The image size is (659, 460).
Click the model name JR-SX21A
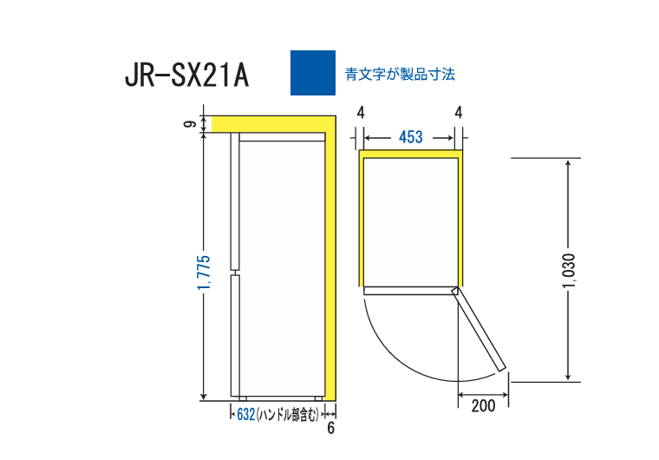[186, 76]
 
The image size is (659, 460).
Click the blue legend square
[312, 73]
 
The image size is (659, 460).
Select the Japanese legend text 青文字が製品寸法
[400, 75]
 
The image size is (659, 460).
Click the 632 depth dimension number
[245, 415]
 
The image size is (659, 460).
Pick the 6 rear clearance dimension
[330, 428]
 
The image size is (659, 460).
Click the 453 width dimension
[410, 137]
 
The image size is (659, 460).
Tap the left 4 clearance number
[360, 112]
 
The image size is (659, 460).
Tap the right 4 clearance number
[458, 112]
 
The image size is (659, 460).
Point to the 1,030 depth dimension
[568, 271]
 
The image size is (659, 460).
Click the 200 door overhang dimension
[484, 404]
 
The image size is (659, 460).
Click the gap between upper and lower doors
[234, 270]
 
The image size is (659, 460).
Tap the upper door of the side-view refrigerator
[234, 200]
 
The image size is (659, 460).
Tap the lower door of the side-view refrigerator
[234, 334]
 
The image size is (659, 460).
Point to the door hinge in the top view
[454, 292]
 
